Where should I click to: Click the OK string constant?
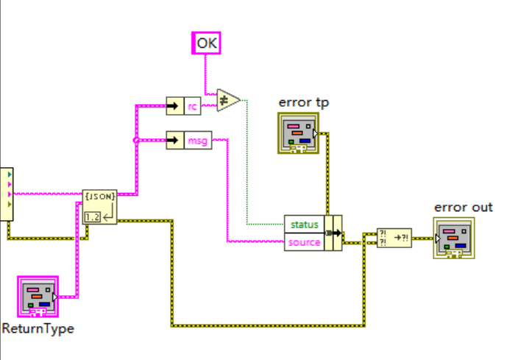pos(207,43)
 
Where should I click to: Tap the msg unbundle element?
pos(198,140)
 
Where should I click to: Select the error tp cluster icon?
pos(299,133)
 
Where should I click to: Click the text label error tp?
pos(303,102)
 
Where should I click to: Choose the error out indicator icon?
pos(454,239)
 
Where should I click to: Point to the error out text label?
pos(464,207)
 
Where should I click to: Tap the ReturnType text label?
pos(38,328)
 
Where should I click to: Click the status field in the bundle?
pos(303,224)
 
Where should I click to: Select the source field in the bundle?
pos(305,241)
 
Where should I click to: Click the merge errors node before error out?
pos(394,237)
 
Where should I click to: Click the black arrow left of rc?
pos(174,106)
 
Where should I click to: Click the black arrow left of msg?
pos(174,140)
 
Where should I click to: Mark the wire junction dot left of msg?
pos(135,140)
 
